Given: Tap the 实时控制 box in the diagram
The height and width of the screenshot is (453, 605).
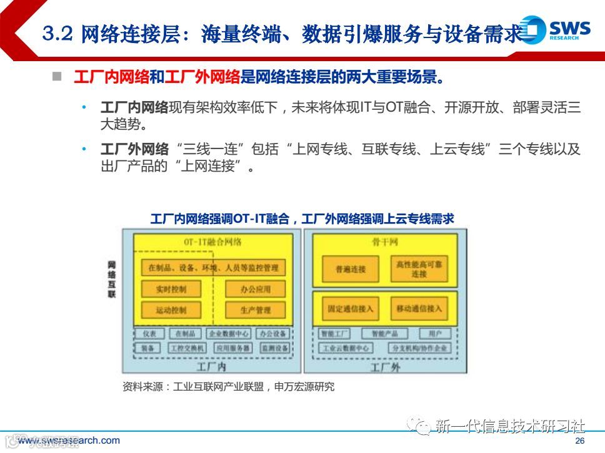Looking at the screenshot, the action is [162, 288].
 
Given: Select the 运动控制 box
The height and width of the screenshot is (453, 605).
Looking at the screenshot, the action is [162, 309].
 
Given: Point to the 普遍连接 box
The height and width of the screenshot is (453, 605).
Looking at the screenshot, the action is [342, 269].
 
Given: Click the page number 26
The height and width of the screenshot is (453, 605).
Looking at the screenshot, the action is [579, 441].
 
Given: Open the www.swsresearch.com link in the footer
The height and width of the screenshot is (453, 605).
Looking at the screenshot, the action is [69, 441].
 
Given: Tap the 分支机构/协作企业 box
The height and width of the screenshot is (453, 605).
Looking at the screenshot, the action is [419, 348].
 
